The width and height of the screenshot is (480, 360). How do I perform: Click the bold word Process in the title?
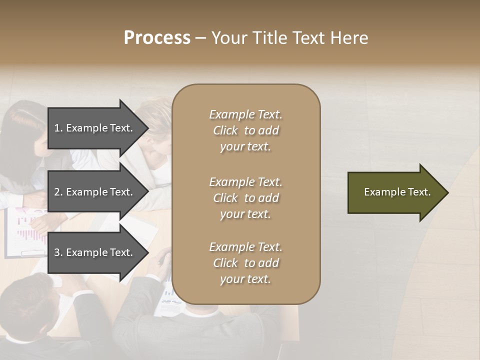pyautogui.click(x=157, y=38)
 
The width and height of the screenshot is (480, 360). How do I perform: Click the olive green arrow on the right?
pyautogui.click(x=395, y=192)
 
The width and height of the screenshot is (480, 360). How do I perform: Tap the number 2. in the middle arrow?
pyautogui.click(x=58, y=192)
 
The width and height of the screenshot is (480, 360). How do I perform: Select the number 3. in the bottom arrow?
pyautogui.click(x=58, y=252)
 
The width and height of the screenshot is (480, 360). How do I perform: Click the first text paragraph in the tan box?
pyautogui.click(x=245, y=130)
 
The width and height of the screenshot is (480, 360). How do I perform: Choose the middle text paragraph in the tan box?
pyautogui.click(x=245, y=198)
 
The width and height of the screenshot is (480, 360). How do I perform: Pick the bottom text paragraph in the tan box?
pyautogui.click(x=245, y=263)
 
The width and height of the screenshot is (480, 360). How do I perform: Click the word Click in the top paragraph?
pyautogui.click(x=225, y=130)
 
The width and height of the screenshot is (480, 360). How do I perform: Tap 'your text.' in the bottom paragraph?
pyautogui.click(x=245, y=279)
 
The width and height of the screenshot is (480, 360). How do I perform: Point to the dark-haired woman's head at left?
pyautogui.click(x=22, y=125)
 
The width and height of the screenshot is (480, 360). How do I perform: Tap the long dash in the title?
pyautogui.click(x=201, y=38)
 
